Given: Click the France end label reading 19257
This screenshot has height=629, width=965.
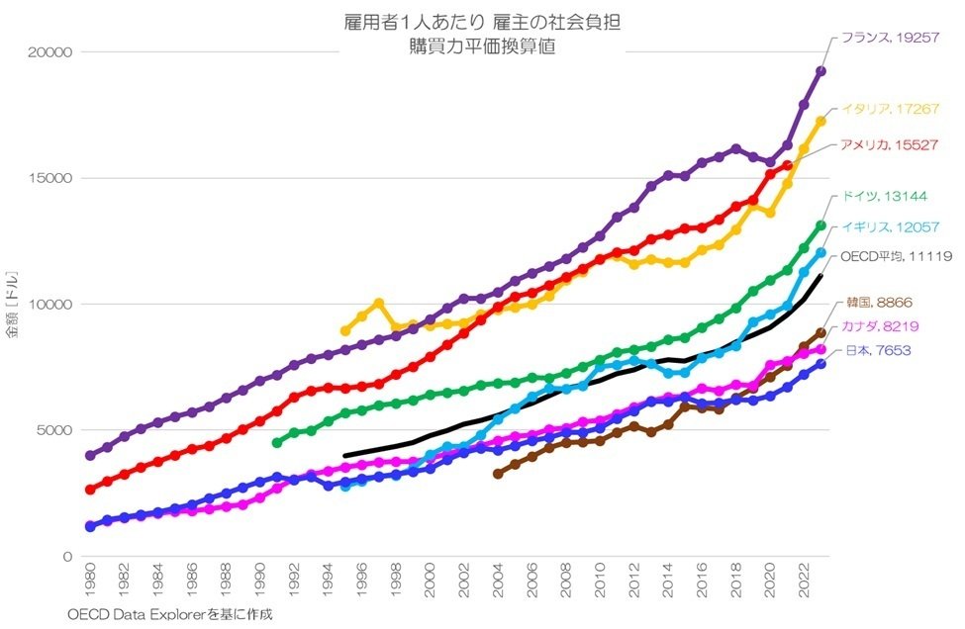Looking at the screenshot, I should click(x=888, y=39).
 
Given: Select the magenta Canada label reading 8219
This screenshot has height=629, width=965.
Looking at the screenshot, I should click(x=877, y=327).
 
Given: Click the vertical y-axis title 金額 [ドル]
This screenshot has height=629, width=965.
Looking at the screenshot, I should click(x=12, y=304).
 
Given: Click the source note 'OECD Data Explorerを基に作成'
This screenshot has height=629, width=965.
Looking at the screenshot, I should click(x=169, y=614).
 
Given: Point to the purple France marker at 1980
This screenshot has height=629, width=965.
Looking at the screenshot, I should click(x=90, y=456).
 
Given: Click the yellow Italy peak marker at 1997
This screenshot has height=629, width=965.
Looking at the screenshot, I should click(x=379, y=303).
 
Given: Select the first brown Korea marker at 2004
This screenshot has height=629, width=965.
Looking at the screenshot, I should click(x=498, y=474).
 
